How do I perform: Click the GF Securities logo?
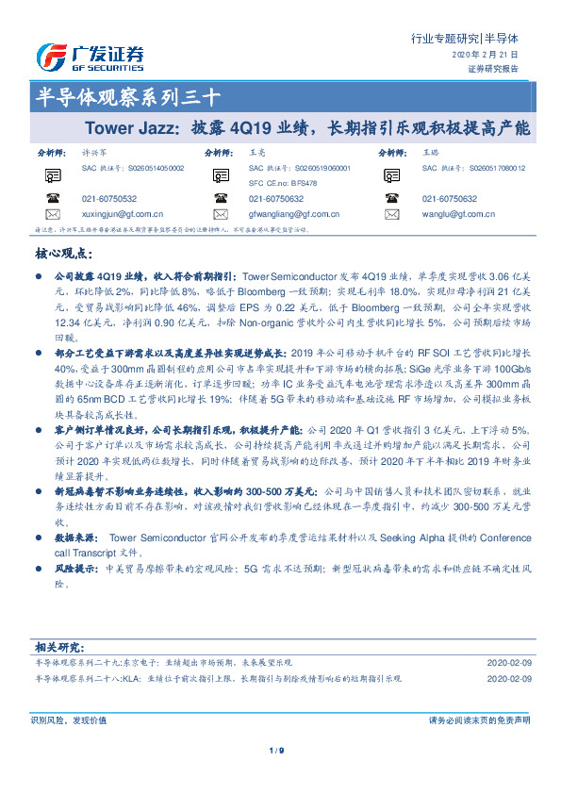[x=89, y=56]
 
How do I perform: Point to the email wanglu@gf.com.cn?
[x=462, y=214]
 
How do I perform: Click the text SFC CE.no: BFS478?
[x=284, y=183]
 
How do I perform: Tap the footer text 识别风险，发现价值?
[x=69, y=720]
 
